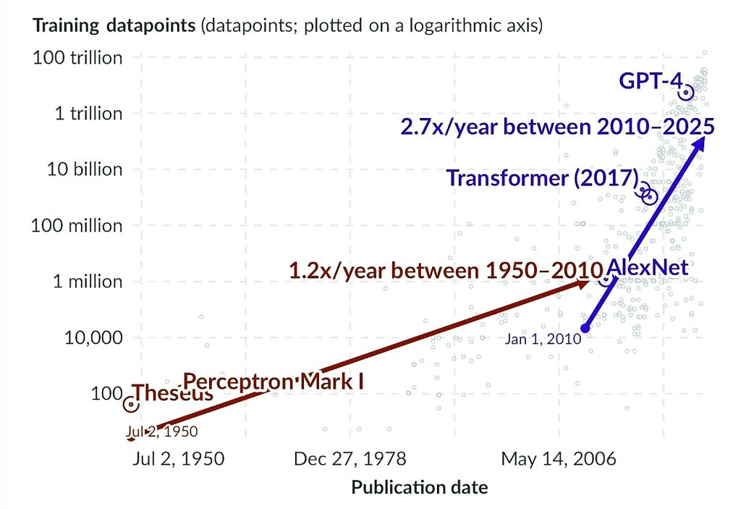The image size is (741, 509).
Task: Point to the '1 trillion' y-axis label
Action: pos(88,114)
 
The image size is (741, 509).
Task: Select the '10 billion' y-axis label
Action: pos(85,169)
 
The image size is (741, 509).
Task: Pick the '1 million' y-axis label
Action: pos(88,282)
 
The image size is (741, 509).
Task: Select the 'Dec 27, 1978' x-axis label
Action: pos(350,459)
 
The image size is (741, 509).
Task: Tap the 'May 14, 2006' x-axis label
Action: pos(559,459)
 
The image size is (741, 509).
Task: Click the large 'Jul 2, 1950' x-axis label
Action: pos(178,459)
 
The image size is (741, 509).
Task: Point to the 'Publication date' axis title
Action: pos(420,487)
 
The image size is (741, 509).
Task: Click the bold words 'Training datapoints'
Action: pos(114,27)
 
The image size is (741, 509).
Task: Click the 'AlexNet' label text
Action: pos(647,267)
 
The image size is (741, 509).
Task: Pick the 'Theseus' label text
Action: pos(174,394)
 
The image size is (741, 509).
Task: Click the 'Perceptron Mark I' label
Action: pos(272,382)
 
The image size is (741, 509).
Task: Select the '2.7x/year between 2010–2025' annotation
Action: pos(558,127)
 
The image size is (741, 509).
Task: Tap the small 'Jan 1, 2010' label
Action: pos(543,338)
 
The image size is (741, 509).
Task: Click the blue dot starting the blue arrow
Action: pos(585,329)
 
